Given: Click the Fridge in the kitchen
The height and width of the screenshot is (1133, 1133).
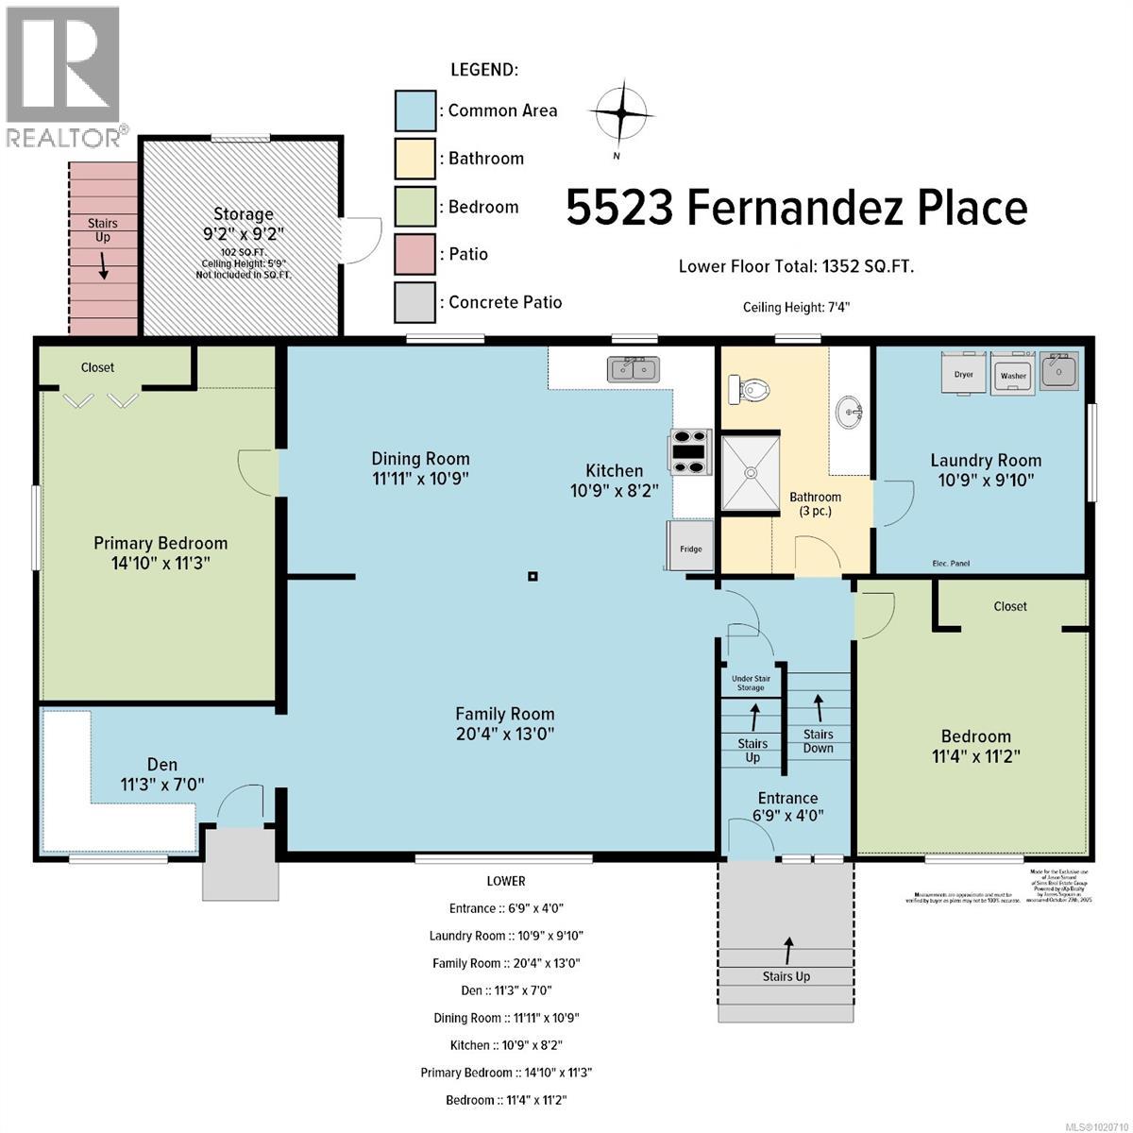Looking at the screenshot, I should [690, 546].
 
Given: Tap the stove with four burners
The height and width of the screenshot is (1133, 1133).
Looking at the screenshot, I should [690, 450].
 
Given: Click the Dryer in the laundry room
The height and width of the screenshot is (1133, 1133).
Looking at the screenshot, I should [963, 371].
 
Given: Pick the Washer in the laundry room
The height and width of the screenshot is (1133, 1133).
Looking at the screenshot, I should [1013, 371].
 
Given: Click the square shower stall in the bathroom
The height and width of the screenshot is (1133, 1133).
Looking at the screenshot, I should [753, 472].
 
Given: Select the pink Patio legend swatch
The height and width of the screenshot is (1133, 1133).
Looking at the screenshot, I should [414, 254].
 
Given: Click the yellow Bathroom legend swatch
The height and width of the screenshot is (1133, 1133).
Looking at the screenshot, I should [414, 159].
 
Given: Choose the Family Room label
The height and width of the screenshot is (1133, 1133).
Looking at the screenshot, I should [505, 723].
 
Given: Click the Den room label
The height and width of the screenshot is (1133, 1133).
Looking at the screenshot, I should [162, 773].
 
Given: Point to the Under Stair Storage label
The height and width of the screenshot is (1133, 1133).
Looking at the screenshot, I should [752, 683].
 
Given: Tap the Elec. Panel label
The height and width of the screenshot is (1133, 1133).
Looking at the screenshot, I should [949, 564].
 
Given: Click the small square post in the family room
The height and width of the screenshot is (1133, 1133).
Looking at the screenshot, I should [533, 576].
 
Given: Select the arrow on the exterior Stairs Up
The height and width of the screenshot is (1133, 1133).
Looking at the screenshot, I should [787, 947].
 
